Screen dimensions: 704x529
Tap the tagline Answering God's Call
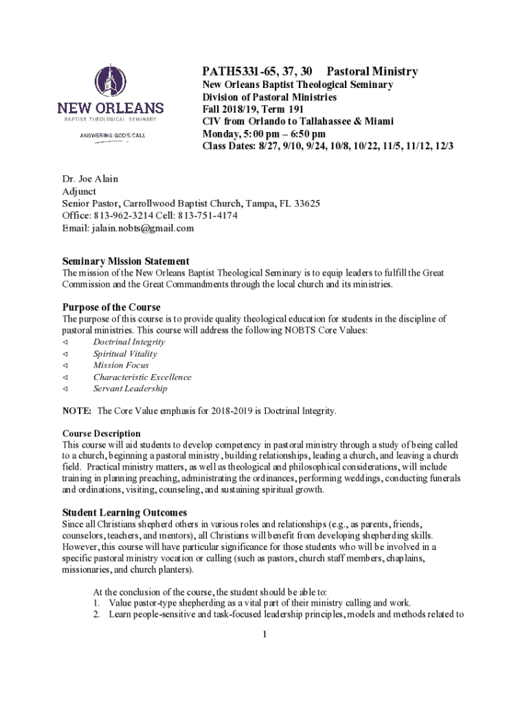110,135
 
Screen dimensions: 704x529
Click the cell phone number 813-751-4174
208,216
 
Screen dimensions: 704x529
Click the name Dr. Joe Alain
90,179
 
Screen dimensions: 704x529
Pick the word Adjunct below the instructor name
79,191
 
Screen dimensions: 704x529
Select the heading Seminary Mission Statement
126,261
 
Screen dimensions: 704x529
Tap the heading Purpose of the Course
111,307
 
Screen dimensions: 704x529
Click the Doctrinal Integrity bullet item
129,342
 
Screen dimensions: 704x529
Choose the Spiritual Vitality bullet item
125,353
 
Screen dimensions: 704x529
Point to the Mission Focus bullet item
121,365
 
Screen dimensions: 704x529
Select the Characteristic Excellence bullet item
142,377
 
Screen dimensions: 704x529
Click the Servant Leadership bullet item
130,388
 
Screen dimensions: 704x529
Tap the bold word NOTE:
77,411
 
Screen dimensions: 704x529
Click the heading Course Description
102,434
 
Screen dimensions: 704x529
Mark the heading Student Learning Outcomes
124,513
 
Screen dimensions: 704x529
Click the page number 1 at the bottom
264,634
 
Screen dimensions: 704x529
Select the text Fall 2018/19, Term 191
253,109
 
